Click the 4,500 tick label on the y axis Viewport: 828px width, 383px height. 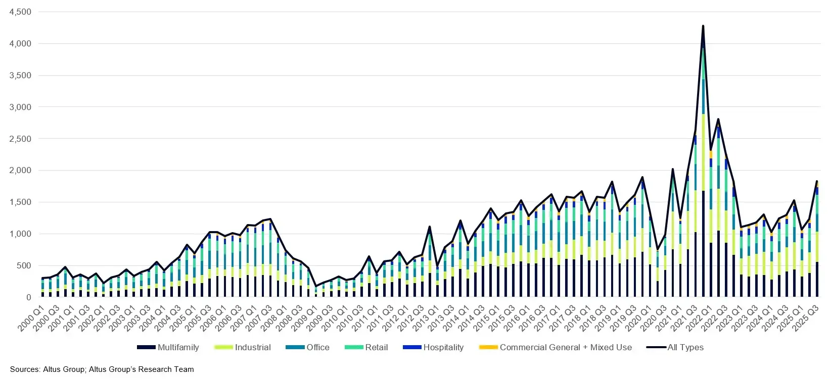(x=20, y=12)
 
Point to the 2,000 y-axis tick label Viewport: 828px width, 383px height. (x=20, y=171)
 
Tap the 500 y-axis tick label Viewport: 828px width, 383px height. (x=24, y=265)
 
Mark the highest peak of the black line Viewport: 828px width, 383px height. (x=703, y=26)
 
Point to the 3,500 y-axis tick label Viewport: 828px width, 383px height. (x=20, y=75)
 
